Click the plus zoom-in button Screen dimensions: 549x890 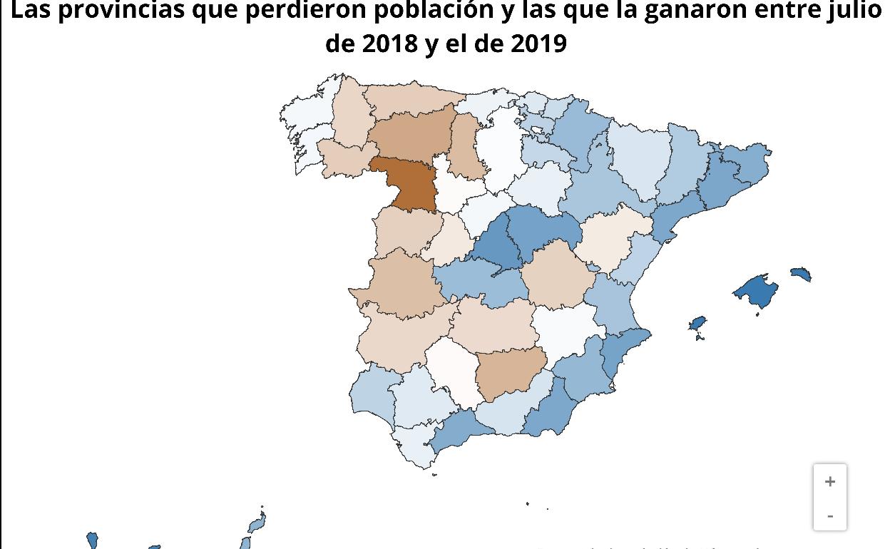click(829, 482)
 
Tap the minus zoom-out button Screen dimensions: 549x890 click(829, 515)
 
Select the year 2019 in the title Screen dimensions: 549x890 click(539, 43)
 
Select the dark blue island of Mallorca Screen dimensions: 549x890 click(757, 291)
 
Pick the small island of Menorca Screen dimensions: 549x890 click(801, 274)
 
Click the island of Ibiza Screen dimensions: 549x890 click(697, 324)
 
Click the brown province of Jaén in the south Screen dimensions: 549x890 click(509, 374)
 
